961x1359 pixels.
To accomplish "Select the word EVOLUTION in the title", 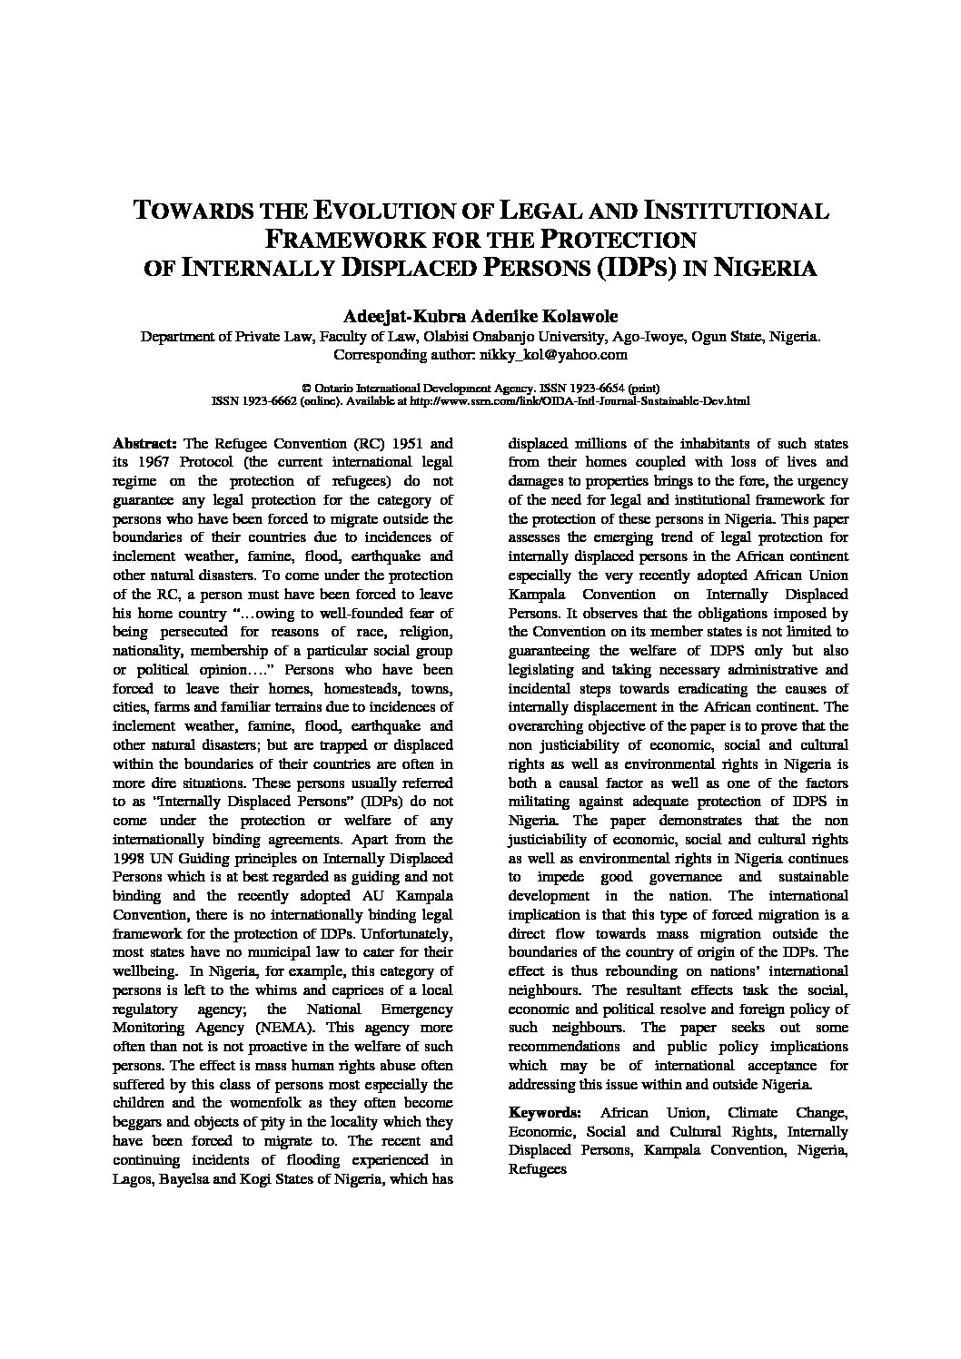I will pos(391,212).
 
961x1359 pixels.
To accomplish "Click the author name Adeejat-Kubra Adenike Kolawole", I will pos(480,316).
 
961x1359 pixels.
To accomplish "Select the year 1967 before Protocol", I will pos(145,463).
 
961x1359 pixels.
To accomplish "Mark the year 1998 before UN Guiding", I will pos(130,859).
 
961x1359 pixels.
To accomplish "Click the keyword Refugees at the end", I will pos(538,1169).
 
